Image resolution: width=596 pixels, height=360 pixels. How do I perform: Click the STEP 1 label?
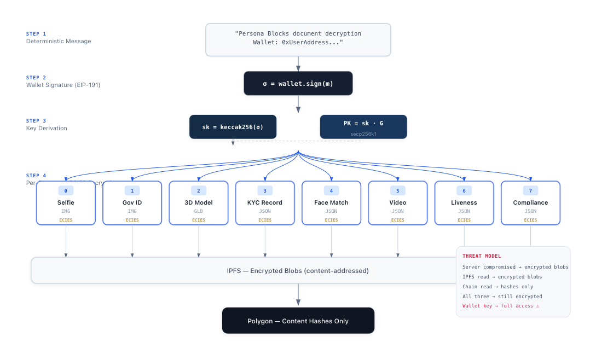tap(36, 33)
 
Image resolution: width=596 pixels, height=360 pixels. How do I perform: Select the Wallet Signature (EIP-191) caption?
tap(63, 85)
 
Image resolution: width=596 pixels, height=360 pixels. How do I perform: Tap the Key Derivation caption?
tap(47, 128)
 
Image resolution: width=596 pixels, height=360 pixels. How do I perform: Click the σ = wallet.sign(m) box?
tap(298, 83)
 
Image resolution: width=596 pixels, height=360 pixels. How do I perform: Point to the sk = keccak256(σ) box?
tap(233, 127)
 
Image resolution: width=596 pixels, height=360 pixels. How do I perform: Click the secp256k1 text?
tap(363, 133)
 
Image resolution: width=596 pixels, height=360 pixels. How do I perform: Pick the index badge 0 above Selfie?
tap(66, 190)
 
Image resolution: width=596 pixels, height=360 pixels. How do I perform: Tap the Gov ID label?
tap(132, 202)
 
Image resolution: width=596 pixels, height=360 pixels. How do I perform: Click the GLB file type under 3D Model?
tap(199, 211)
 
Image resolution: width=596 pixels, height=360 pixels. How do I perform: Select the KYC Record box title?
tap(265, 202)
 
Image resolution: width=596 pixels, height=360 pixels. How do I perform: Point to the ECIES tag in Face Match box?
tap(331, 220)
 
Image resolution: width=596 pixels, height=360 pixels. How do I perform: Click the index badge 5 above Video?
tap(398, 190)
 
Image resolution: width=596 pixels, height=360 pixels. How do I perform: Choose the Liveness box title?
tap(464, 202)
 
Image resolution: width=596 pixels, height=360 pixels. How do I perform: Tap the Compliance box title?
tap(530, 202)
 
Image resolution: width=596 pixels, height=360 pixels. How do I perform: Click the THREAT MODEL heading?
tap(482, 256)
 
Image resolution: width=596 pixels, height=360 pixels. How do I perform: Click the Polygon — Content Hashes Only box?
tap(298, 321)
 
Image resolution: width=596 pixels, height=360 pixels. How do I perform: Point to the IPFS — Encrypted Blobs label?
tap(298, 270)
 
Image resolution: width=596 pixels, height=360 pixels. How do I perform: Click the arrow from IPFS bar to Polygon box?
tap(298, 295)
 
